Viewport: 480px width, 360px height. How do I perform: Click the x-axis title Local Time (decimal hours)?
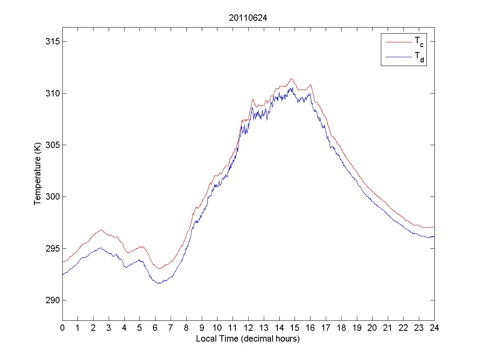coord(248,339)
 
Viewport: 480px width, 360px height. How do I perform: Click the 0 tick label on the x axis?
coord(62,328)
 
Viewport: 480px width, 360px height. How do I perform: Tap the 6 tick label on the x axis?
coord(155,328)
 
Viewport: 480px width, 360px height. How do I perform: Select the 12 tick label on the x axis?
coord(248,328)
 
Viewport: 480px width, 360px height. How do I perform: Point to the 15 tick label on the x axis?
coord(295,328)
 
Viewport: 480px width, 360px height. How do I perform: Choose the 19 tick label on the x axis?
coord(357,328)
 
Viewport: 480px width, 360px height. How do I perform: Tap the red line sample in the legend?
coord(398,42)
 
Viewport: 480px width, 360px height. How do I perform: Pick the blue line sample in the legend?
coord(398,58)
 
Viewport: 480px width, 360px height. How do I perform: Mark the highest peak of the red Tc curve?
coord(292,79)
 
